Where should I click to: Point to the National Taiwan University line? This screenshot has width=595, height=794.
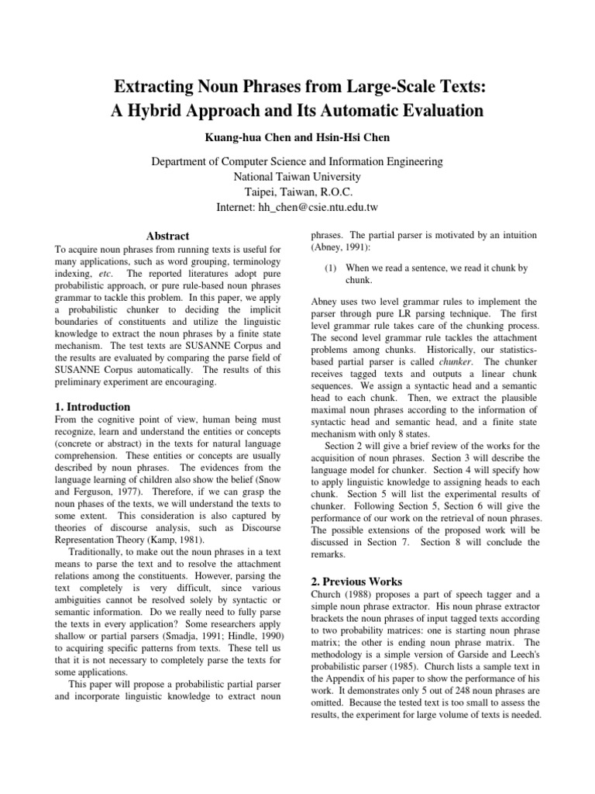point(297,177)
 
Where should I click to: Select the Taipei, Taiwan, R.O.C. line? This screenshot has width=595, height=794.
point(297,192)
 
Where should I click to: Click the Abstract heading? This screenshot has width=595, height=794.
point(168,236)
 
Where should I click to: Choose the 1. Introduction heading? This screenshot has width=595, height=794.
point(92,407)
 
